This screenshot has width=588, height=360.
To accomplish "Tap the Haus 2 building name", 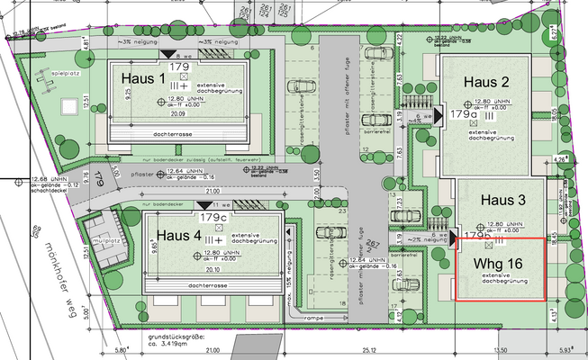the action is point(486,82).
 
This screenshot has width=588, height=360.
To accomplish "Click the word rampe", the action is point(312,318).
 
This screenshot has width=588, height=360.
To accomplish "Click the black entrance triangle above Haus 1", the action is point(166,56).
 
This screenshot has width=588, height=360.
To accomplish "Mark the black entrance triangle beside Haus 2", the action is point(439,114).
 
